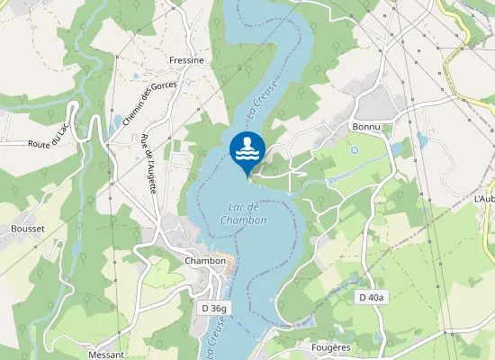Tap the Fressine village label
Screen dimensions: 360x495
click(x=186, y=60)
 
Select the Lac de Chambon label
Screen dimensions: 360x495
click(x=243, y=214)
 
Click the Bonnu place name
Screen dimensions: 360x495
click(x=367, y=127)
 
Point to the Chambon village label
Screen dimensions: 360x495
click(x=204, y=261)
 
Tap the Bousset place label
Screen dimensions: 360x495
click(x=28, y=229)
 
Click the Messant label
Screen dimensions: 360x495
click(x=106, y=355)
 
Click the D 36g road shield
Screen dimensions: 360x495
click(x=214, y=308)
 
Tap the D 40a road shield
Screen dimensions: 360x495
click(x=371, y=297)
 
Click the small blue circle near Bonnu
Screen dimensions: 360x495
click(x=354, y=150)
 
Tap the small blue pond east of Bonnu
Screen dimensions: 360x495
click(x=422, y=140)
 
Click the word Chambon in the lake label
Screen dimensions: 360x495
click(x=243, y=220)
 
